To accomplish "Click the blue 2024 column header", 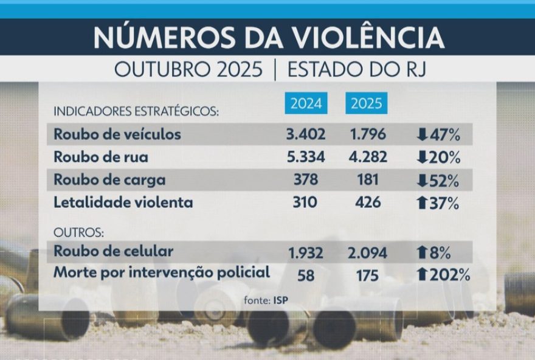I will tap(306, 103).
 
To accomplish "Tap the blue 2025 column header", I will tap(367, 103).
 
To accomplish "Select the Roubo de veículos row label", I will tap(117, 134).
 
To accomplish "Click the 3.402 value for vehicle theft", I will tap(306, 134).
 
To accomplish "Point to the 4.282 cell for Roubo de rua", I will tap(367, 157).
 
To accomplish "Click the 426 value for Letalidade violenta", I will tap(367, 202).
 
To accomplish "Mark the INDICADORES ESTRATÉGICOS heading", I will tap(136, 112).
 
